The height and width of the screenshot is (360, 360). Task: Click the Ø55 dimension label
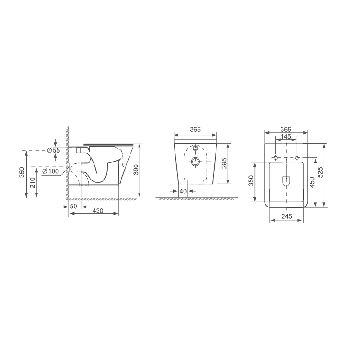pyautogui.click(x=53, y=151)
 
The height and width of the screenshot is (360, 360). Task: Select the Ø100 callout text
pyautogui.click(x=51, y=171)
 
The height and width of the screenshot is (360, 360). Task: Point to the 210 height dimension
pyautogui.click(x=33, y=183)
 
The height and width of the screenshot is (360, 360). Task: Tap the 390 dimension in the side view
pyautogui.click(x=136, y=170)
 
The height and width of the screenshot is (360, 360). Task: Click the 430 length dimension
pyautogui.click(x=98, y=211)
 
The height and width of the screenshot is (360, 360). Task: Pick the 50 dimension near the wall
pyautogui.click(x=73, y=206)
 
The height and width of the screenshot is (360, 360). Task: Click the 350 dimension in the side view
pyautogui.click(x=22, y=172)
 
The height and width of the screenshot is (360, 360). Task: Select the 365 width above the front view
pyautogui.click(x=195, y=130)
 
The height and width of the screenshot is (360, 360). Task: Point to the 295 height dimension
pyautogui.click(x=224, y=163)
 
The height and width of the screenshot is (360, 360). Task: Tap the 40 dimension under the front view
pyautogui.click(x=183, y=191)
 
